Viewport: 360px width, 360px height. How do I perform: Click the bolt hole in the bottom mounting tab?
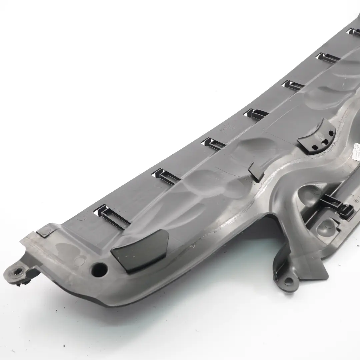[288, 281]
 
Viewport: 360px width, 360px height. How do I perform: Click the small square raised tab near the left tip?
[45, 230]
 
